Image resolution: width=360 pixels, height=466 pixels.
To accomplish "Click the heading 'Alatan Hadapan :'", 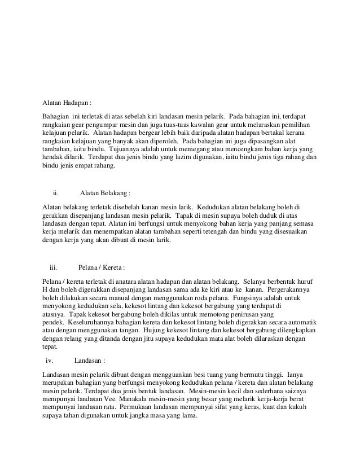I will point(67,103).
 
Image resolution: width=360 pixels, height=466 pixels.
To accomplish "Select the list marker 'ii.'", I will point(55,192).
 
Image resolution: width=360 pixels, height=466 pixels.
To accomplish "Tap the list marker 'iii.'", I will point(54,267).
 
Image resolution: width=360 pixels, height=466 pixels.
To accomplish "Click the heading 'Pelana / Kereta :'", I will point(102,267).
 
